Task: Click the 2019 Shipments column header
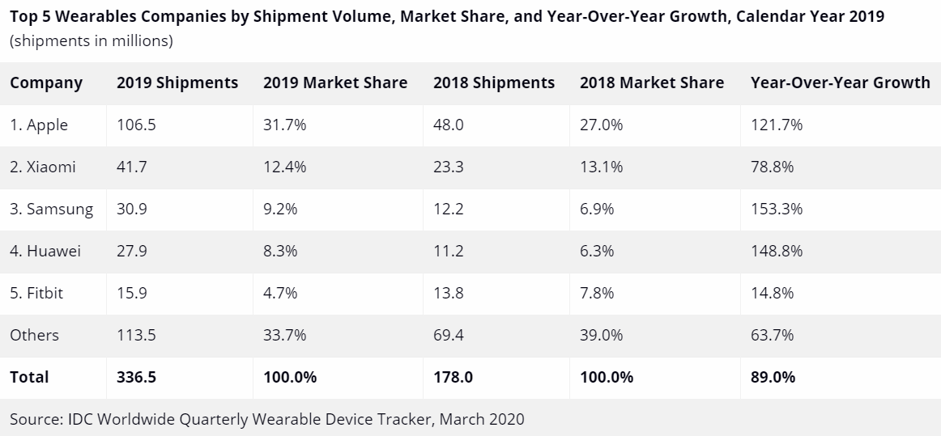click(177, 83)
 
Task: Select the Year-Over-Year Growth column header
click(840, 83)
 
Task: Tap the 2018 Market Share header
click(652, 83)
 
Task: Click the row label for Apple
click(39, 125)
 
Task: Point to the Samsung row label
click(51, 209)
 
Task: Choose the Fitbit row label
click(36, 293)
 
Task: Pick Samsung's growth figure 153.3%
click(777, 209)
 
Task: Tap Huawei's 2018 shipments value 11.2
click(449, 251)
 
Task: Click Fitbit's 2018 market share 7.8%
click(597, 293)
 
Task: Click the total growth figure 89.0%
click(773, 377)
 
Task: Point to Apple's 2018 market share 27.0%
click(601, 125)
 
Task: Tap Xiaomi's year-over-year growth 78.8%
click(773, 167)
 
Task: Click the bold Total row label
click(29, 377)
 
